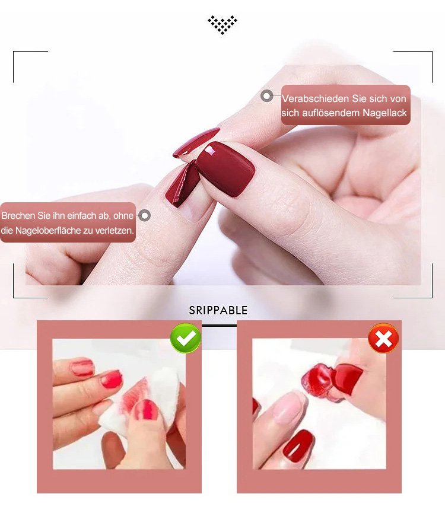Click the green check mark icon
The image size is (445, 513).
[186, 338]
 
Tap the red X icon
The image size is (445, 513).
[383, 338]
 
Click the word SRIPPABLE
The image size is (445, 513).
[218, 311]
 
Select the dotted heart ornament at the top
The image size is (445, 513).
[223, 24]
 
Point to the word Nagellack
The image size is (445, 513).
[385, 113]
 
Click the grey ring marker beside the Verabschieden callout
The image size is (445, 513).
[267, 96]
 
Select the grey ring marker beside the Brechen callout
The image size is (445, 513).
[145, 215]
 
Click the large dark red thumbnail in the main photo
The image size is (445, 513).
[228, 170]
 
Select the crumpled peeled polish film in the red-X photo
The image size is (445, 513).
[317, 380]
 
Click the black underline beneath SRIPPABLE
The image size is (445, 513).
[219, 326]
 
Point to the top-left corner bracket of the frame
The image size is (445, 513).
[14, 52]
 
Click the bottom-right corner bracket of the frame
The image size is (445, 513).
[432, 297]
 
